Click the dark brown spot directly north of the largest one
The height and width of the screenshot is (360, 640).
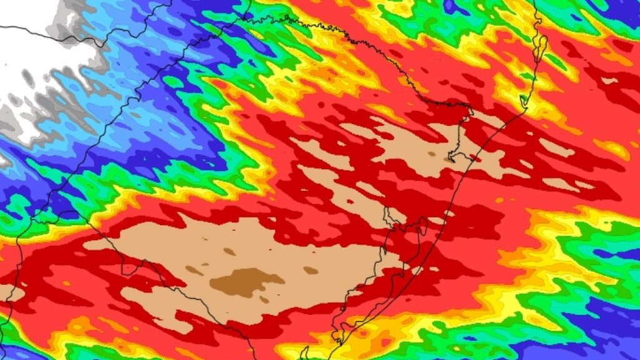click(x=229, y=251)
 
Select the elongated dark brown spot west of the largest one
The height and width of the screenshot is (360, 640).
click(x=194, y=270)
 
